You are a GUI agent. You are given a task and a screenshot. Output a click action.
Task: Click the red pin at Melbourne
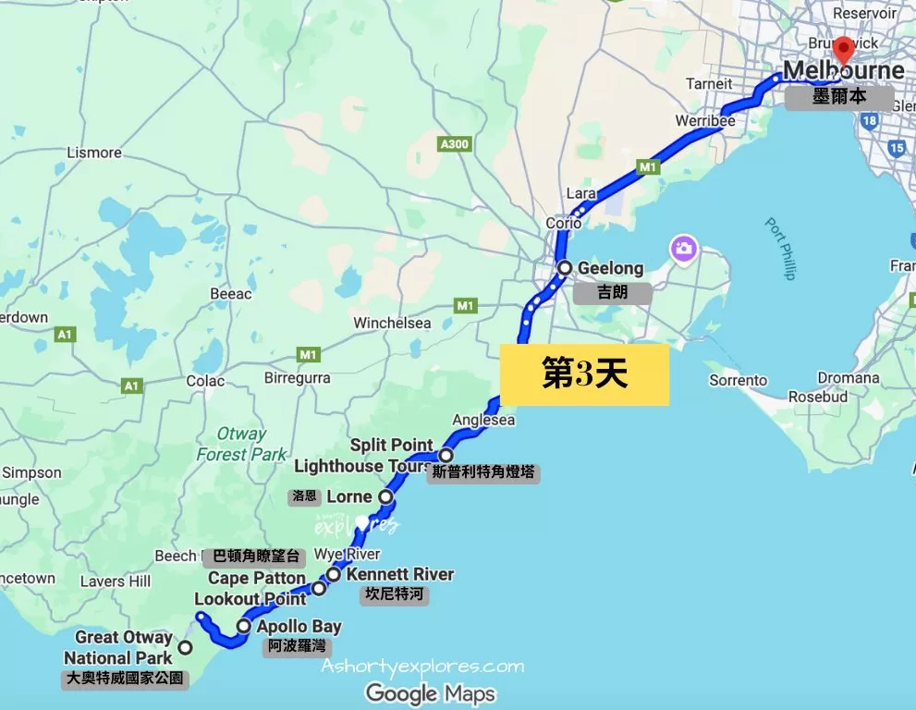click(843, 50)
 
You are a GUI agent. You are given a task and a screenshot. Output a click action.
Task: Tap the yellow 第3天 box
click(584, 374)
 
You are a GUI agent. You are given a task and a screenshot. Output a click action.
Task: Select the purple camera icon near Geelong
click(684, 248)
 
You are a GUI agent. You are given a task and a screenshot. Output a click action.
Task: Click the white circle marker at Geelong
click(565, 268)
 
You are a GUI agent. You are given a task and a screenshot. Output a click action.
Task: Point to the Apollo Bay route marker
click(243, 626)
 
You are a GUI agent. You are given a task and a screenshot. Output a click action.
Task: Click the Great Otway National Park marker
click(186, 647)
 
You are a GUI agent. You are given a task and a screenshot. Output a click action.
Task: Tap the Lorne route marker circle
click(386, 497)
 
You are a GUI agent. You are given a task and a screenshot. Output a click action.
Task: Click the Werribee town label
click(704, 121)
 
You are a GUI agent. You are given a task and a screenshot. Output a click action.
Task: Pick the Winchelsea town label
click(392, 323)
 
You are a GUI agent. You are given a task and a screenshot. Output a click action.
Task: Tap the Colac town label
click(205, 380)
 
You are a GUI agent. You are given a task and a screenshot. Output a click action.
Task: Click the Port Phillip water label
click(780, 248)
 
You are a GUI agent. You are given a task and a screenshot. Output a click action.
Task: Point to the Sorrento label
click(738, 380)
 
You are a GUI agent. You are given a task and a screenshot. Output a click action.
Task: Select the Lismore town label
click(94, 153)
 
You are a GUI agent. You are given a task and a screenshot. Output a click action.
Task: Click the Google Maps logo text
click(431, 692)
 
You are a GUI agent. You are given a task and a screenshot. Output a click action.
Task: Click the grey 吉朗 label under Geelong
click(612, 293)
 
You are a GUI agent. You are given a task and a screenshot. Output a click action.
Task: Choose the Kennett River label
click(400, 574)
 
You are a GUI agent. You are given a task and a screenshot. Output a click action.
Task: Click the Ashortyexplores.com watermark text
click(422, 666)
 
